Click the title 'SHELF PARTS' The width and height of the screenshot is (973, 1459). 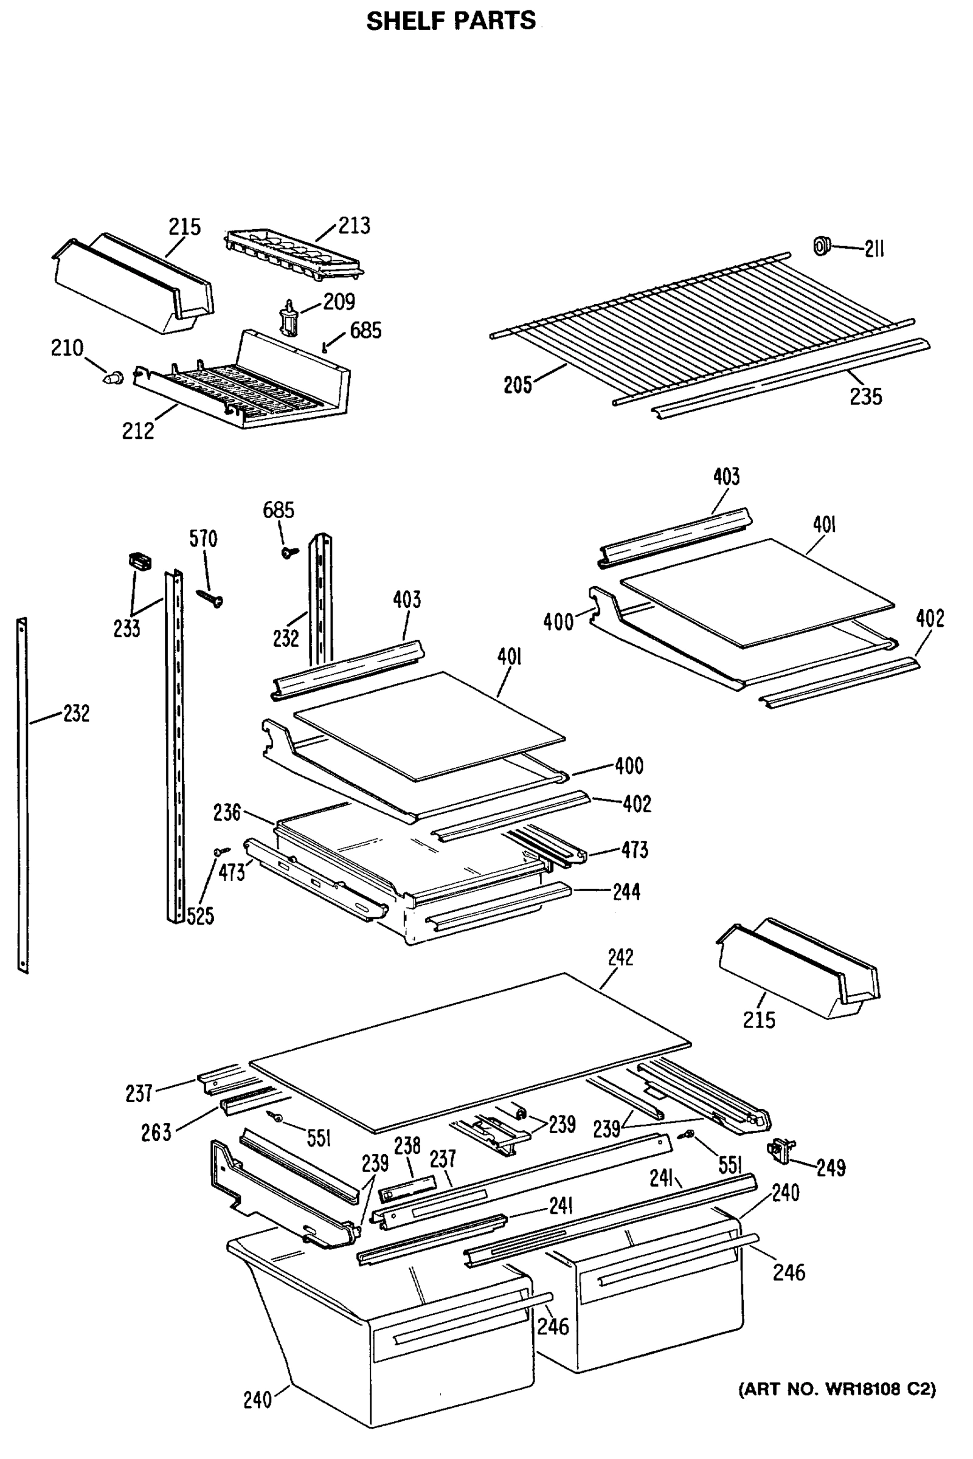[x=451, y=21]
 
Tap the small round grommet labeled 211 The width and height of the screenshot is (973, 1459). [x=822, y=246]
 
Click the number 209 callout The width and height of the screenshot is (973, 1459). [x=339, y=302]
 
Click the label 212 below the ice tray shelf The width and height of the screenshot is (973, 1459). [x=138, y=430]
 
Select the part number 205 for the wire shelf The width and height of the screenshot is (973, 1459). [x=518, y=385]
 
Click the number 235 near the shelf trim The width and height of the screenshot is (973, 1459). [x=865, y=396]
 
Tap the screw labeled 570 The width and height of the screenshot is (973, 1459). [x=210, y=598]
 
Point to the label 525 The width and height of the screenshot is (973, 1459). [x=201, y=916]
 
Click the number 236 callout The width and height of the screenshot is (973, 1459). [x=226, y=813]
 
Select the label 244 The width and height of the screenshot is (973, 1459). [x=626, y=892]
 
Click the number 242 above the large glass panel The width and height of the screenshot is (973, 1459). [x=620, y=957]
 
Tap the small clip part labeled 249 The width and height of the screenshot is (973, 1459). [x=781, y=1151]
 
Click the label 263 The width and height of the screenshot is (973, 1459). [x=156, y=1132]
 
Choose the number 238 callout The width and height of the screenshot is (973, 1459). [x=407, y=1145]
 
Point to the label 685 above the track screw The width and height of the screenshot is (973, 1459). [x=278, y=510]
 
